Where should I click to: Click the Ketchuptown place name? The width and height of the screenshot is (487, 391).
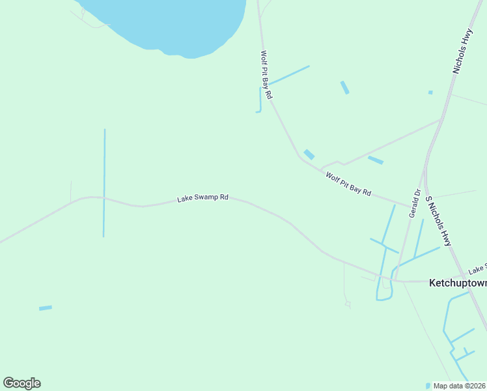click(458, 283)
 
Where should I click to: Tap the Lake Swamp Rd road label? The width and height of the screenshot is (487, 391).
click(202, 197)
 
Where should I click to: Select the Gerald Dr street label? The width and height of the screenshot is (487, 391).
click(414, 203)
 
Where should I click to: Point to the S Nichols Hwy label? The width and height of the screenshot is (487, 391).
click(438, 221)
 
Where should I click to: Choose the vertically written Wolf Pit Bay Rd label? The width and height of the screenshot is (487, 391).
click(266, 75)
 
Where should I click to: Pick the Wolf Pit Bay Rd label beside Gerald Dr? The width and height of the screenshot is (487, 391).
click(348, 184)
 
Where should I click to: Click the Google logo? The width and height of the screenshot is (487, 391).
click(21, 383)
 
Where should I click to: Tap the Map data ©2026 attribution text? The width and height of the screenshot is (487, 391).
click(460, 386)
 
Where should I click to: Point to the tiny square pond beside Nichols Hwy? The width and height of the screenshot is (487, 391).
click(430, 93)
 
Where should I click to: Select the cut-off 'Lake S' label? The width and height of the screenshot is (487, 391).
click(477, 268)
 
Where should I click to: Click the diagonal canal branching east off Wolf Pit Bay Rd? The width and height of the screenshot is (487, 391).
click(289, 75)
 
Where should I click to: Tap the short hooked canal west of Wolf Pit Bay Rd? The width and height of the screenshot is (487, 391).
click(260, 101)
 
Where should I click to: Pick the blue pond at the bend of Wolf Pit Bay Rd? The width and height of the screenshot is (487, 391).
click(309, 154)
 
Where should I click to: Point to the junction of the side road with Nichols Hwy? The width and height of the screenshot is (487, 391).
click(441, 119)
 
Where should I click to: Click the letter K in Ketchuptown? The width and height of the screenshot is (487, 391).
click(432, 283)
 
